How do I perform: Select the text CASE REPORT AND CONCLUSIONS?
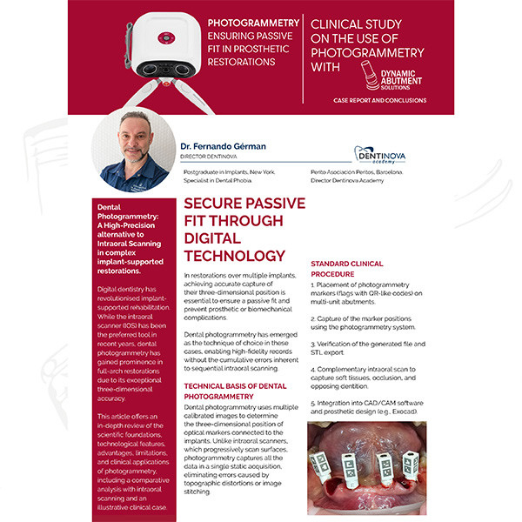[379, 101]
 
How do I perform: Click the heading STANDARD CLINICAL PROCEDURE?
[347, 270]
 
